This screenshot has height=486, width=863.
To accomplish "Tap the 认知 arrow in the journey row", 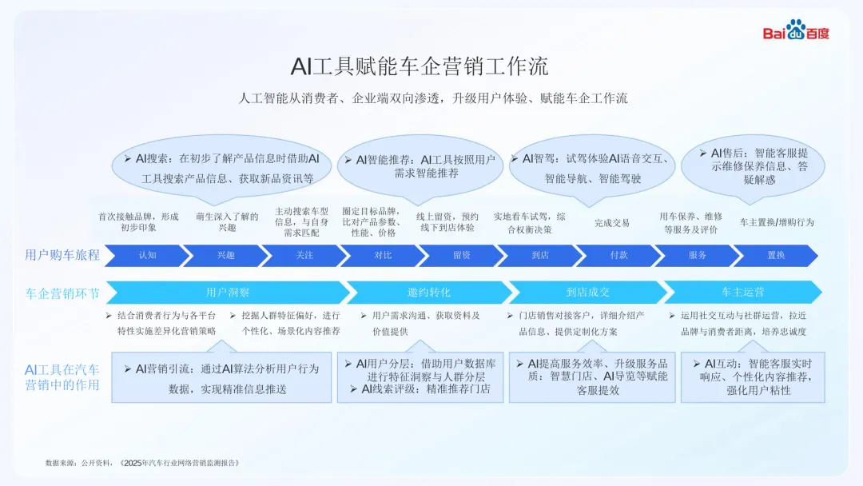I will [x=147, y=255].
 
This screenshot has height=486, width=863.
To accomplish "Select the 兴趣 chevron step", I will [x=226, y=255].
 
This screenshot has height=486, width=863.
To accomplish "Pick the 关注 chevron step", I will [x=304, y=255].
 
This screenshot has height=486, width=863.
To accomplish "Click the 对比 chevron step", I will [x=383, y=255].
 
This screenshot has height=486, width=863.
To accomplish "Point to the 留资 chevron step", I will [x=461, y=255].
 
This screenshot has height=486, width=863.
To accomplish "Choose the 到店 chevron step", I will [x=539, y=255].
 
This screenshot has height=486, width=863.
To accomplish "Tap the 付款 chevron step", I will [x=618, y=255].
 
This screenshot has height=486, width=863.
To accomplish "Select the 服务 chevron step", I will [x=697, y=255].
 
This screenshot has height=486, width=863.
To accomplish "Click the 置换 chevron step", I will [x=775, y=255].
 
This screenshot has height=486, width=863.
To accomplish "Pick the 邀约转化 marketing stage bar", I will [x=428, y=293].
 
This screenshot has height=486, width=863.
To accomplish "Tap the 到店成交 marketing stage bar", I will [x=587, y=293].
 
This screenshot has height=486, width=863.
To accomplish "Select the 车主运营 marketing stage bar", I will [x=742, y=293].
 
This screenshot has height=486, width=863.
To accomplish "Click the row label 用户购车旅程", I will [x=62, y=255].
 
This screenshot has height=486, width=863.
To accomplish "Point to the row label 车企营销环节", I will [x=62, y=293].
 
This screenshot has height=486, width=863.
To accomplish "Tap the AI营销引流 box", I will [x=221, y=378].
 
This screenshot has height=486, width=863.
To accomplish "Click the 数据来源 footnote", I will [x=142, y=463].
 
